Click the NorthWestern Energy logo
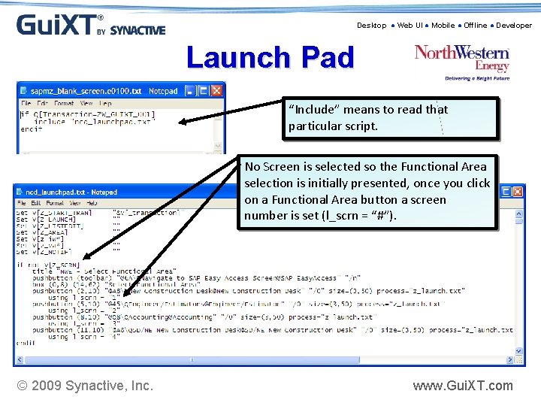462,60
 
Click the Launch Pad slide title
270,58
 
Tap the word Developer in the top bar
514,26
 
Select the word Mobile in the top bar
443,26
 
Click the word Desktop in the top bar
371,26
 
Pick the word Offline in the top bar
475,26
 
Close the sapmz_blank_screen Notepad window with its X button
216,91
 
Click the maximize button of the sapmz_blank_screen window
203,91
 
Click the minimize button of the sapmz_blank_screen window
190,91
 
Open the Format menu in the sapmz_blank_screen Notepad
64,103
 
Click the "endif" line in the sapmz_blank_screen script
32,129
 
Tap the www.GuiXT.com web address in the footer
463,386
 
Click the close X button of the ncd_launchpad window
518,192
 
